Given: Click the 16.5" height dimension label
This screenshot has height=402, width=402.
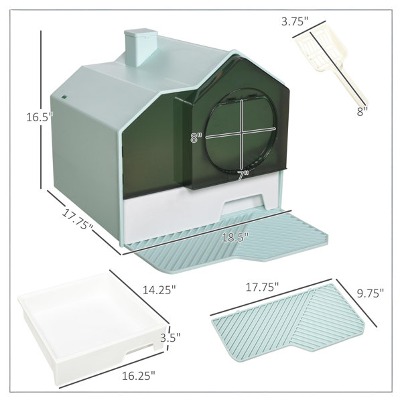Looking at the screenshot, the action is point(40,117).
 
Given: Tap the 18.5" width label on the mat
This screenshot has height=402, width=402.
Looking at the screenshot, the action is point(235,237).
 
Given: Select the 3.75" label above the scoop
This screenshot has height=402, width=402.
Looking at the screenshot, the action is point(294,21).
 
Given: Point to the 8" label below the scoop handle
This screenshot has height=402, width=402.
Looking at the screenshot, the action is point(362,111).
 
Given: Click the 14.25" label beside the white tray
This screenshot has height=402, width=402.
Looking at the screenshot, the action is point(159,290).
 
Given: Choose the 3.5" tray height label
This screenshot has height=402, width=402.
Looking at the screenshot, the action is point(170,337).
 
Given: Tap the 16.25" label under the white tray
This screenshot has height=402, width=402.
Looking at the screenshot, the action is point(139,376).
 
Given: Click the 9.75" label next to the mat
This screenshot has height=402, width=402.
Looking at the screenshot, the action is point(371,293).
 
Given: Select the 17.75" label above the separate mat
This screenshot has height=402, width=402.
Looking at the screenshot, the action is point(262,287).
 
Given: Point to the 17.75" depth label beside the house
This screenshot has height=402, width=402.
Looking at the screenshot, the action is point(78,220).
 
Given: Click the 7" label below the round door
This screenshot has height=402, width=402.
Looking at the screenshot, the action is point(243,176).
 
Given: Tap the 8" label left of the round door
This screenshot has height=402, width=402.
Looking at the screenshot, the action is point(196,137).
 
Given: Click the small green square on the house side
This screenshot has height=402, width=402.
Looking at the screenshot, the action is point(64,97).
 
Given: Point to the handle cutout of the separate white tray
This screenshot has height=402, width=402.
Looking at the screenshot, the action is point(140,350).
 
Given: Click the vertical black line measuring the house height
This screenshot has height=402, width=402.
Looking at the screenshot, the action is point(41,110).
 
